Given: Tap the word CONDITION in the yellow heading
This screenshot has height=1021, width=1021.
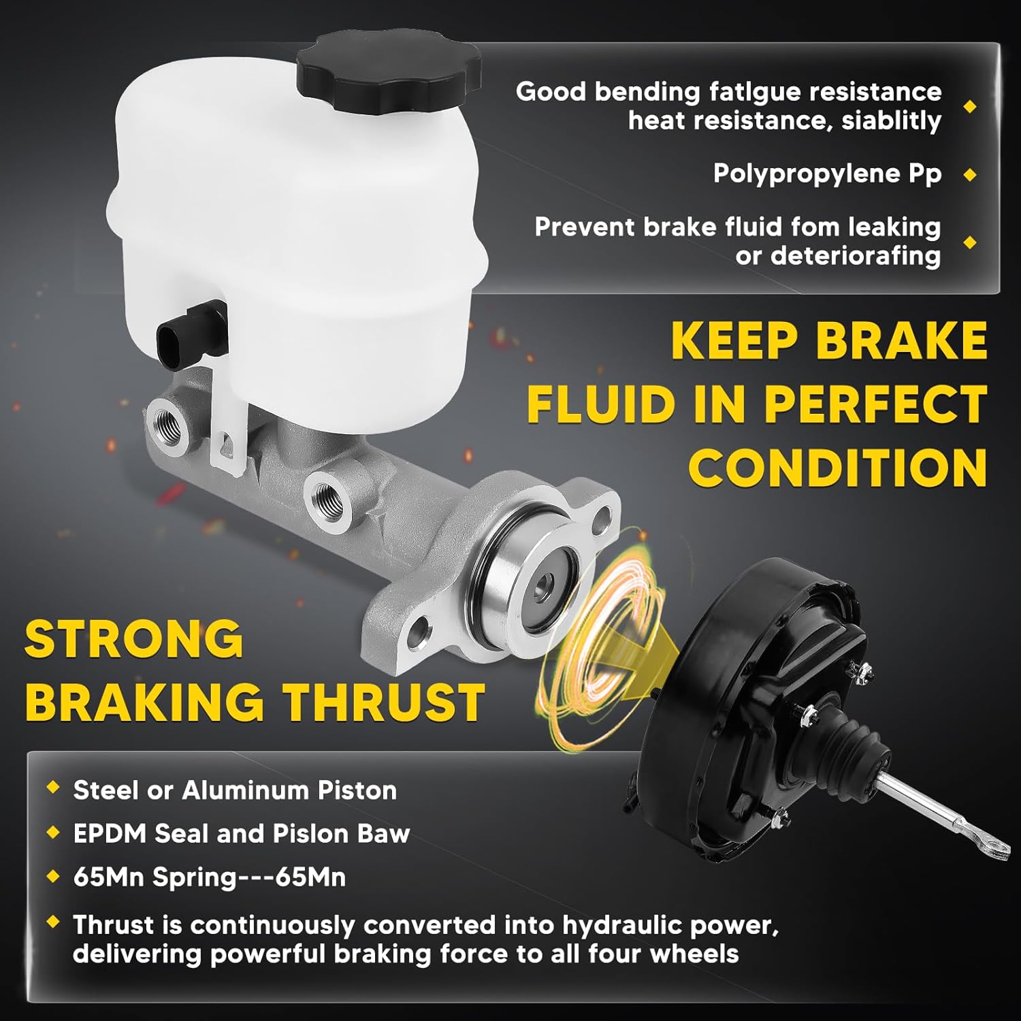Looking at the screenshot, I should pos(837,468).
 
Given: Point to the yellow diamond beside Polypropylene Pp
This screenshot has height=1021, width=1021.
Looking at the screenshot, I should pos(970,175).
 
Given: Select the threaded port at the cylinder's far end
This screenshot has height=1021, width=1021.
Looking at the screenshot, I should pos(167,421).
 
